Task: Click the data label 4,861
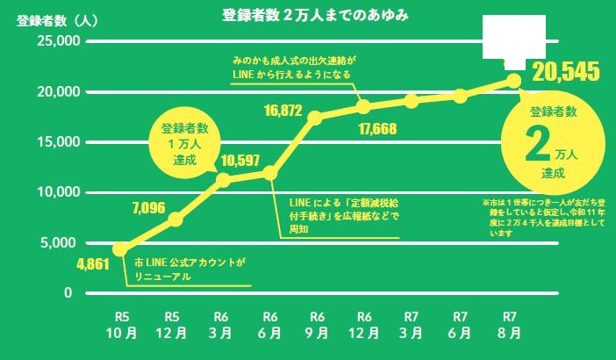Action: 93,263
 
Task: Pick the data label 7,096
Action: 148,208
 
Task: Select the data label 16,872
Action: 283,111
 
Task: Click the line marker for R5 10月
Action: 120,249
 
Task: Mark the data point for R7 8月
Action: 513,82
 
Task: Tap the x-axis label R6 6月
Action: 269,325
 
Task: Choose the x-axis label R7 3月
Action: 411,325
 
